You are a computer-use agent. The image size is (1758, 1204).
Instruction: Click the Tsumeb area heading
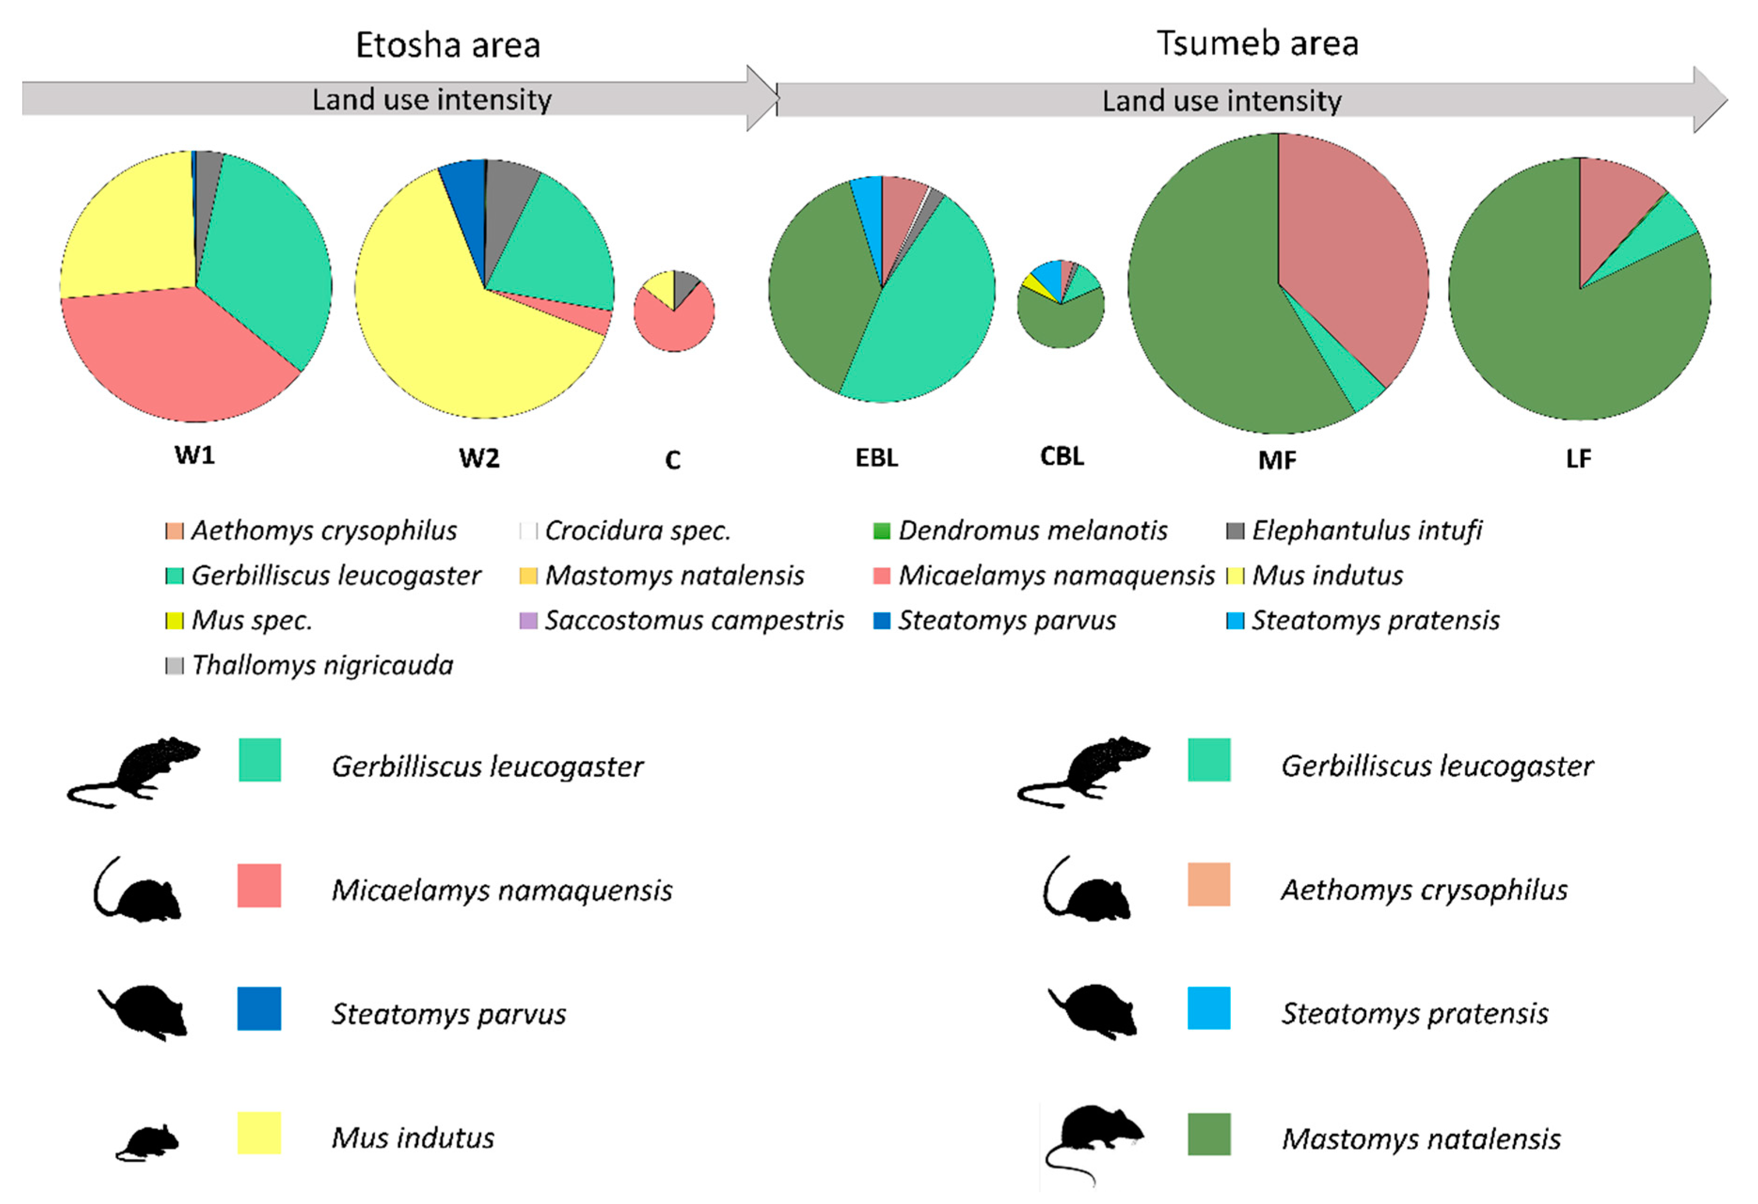[1257, 43]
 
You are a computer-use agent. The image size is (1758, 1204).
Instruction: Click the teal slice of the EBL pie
[930, 318]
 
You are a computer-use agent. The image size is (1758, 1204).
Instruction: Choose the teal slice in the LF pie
[1656, 235]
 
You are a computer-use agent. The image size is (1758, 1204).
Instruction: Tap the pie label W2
[479, 458]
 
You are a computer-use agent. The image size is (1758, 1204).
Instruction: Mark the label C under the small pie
[672, 460]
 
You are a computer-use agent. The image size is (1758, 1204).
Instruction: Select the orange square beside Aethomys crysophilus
[1209, 885]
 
